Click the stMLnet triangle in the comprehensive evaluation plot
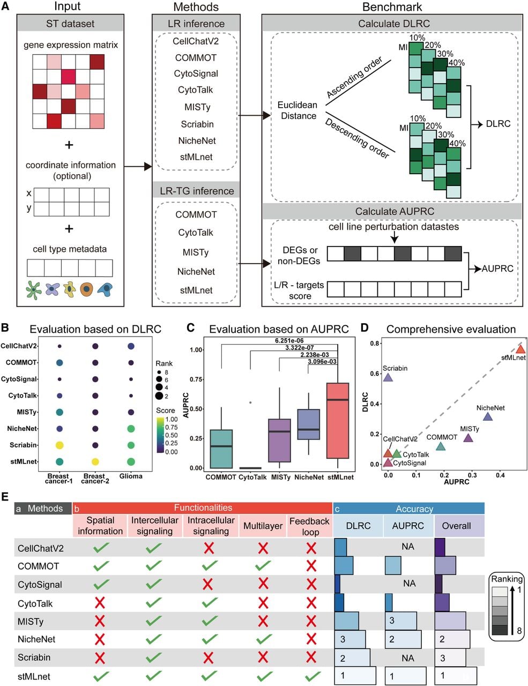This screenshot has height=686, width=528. click(x=520, y=349)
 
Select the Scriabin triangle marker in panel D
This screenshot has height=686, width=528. click(x=388, y=377)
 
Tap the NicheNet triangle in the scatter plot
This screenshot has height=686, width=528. click(x=488, y=417)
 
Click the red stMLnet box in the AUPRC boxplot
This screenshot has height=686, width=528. click(x=338, y=421)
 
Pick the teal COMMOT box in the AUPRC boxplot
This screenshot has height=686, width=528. click(x=221, y=449)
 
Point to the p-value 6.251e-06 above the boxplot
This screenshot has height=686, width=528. click(x=289, y=340)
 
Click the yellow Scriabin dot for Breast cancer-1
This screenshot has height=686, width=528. click(x=60, y=445)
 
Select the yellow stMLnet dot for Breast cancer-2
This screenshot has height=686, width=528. click(x=95, y=461)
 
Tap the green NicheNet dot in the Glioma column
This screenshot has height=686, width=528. click(x=131, y=429)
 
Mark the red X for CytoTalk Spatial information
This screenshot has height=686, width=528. click(x=100, y=603)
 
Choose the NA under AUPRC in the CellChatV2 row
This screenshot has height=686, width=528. click(x=408, y=547)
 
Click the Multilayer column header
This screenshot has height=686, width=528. click(x=263, y=526)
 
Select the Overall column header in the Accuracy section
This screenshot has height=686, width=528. click(x=456, y=526)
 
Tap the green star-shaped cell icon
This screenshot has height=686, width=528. click(x=34, y=290)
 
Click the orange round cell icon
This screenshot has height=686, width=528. click(x=86, y=289)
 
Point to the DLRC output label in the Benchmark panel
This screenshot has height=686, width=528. click(x=498, y=123)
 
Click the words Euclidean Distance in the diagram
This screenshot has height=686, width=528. click(x=298, y=110)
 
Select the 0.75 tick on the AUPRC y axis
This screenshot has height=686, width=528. click(x=195, y=379)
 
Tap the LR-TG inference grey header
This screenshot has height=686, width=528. click(x=196, y=190)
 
